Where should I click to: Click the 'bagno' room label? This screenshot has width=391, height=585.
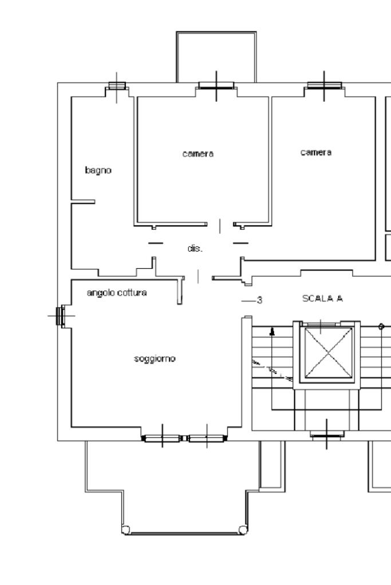98,170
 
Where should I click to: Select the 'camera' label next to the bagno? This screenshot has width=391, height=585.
198,154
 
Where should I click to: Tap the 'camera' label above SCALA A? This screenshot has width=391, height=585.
316,152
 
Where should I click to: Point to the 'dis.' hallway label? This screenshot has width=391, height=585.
195,248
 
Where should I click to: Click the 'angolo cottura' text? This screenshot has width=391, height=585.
117,293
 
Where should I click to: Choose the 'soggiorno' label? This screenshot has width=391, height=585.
155,359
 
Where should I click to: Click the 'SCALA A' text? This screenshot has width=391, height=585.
323,299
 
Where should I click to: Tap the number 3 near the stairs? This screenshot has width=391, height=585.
260,300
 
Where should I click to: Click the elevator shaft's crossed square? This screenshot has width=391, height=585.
328,353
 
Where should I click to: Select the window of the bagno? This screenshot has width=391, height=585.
117,86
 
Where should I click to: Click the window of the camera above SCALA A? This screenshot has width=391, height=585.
324,86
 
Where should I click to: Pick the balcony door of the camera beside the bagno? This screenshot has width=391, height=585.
216,86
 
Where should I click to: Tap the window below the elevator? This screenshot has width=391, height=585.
327,434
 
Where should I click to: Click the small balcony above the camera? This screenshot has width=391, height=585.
216,57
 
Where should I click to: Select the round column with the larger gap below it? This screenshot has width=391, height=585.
126,530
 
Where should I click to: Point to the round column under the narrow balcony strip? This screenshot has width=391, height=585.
243,530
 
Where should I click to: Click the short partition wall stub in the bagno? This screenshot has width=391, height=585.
83,202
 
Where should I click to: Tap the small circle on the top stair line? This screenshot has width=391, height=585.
381,327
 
